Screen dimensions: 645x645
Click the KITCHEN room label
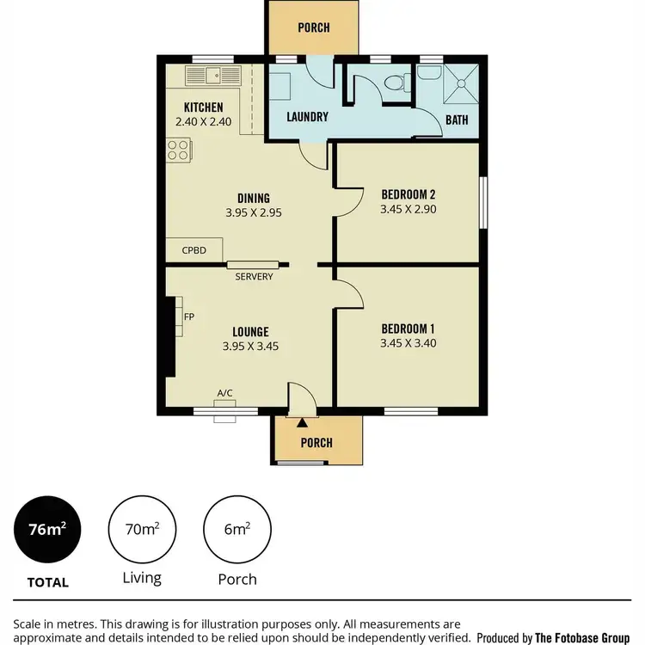point(204,107)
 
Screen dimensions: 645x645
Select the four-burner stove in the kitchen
point(177,151)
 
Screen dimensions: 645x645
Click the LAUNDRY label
point(306,116)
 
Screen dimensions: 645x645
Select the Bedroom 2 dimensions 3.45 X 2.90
point(408,208)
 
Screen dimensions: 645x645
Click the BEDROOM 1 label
point(408,329)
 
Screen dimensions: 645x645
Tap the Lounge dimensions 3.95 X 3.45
point(250,347)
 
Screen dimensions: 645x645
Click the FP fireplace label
point(188,317)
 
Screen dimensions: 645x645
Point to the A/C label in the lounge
point(224,393)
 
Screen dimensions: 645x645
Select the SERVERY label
point(254,276)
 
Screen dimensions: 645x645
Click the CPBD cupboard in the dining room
point(194,250)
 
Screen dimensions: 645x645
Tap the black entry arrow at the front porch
point(302,421)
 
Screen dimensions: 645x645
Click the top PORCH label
point(313,28)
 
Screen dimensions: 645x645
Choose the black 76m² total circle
point(48,530)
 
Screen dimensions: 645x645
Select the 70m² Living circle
point(142,530)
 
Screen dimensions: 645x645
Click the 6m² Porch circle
point(236,530)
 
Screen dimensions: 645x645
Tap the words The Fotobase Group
point(586,637)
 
